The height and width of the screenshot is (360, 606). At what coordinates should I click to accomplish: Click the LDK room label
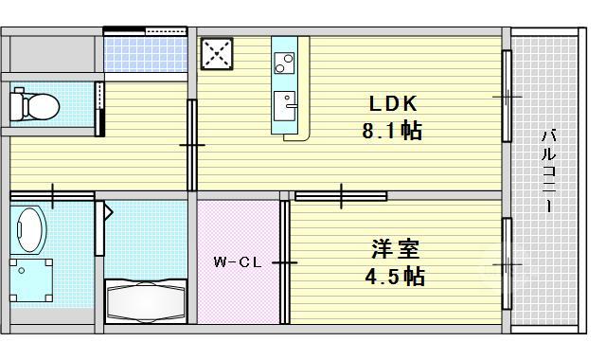pos(393,103)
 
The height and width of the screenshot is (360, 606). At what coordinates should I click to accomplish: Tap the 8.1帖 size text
pos(392,131)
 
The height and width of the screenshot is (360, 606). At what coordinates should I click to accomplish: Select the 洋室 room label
pos(395,249)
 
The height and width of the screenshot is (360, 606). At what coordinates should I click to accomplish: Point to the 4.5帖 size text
pos(395,276)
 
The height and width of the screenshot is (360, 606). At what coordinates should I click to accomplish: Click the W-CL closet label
pos(238,262)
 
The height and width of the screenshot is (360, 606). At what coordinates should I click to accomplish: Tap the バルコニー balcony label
pos(548,171)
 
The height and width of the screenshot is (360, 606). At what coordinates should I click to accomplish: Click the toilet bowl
pos(34,104)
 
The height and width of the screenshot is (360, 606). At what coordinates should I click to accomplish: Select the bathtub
pos(146,301)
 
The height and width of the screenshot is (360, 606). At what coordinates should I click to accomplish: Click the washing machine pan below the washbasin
pos(31,280)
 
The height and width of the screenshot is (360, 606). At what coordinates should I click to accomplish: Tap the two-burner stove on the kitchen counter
pos(284,63)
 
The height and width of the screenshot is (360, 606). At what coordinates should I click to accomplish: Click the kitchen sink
pos(285,106)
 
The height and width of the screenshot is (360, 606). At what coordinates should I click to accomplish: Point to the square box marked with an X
pos(217,54)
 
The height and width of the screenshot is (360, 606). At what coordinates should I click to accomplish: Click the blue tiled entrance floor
pos(146,55)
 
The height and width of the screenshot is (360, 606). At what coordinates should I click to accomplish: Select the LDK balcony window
pos(508,97)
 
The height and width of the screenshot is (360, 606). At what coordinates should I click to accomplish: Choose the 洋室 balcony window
pos(508,264)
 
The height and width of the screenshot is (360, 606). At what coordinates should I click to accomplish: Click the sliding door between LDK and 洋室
pos(341,196)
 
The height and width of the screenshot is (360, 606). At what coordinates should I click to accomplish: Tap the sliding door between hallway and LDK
pos(192,145)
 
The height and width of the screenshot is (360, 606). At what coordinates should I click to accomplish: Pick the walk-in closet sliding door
pos(284,262)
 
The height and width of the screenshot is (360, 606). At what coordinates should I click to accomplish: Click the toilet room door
pos(99,109)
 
